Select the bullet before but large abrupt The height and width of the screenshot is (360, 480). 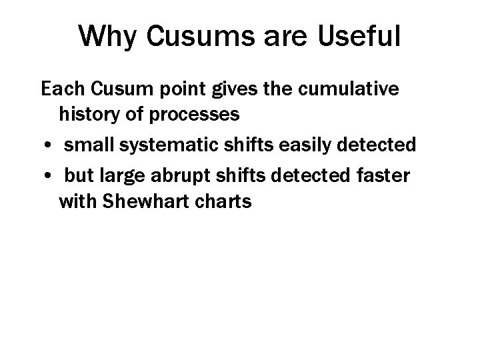coord(51,173)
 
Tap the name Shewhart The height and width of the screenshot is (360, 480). coord(142,202)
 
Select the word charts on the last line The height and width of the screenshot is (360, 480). coord(223,202)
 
